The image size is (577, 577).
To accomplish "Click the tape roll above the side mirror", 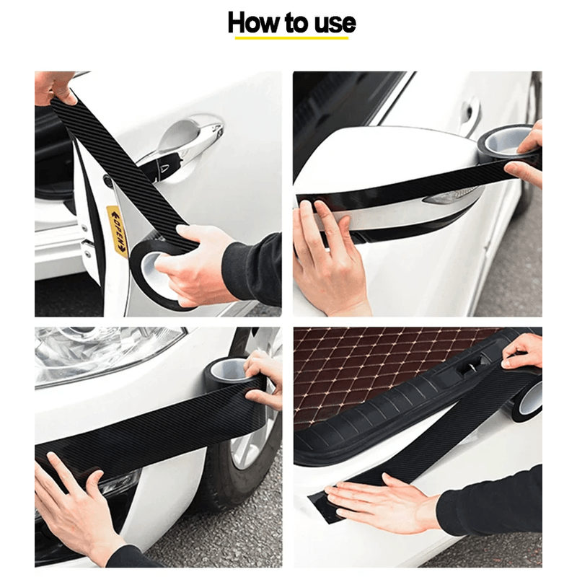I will [508, 144].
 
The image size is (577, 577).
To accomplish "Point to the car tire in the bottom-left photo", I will [245, 462].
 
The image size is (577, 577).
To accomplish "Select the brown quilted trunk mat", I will [361, 368].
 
